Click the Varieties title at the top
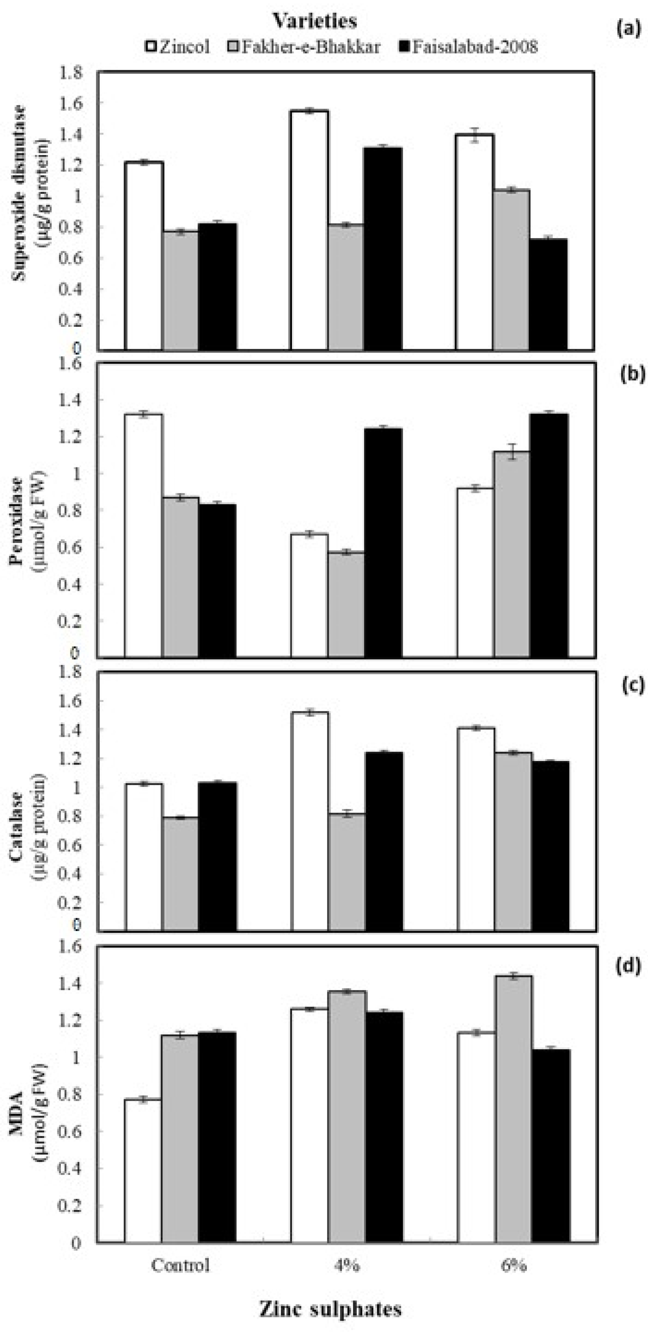click(315, 21)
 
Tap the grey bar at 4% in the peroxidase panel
click(346, 604)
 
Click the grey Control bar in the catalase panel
click(181, 874)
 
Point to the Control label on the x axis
click(180, 1265)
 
